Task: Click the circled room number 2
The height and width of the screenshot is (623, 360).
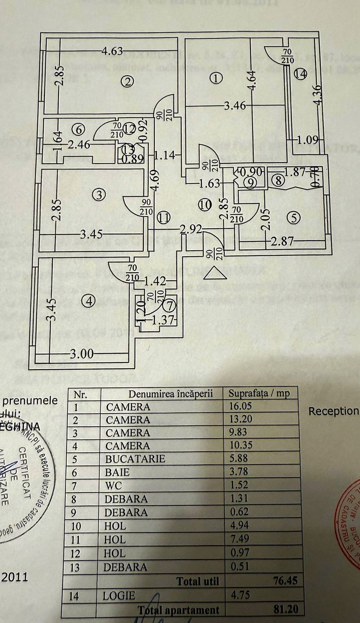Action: [x=128, y=82]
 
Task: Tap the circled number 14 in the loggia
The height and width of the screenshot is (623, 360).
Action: [x=301, y=74]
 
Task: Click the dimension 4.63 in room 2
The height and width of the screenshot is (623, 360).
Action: [x=112, y=51]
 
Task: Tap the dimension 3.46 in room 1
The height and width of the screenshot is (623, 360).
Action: [x=235, y=106]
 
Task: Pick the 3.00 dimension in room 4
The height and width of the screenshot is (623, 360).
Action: [x=82, y=354]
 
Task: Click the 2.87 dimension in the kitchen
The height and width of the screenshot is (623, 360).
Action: [x=282, y=241]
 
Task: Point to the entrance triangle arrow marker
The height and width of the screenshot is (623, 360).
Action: [x=215, y=273]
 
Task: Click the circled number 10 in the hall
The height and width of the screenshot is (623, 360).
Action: [x=205, y=205]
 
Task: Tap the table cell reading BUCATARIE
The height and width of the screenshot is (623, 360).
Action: [x=135, y=459]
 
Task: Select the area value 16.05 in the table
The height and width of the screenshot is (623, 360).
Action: [x=240, y=406]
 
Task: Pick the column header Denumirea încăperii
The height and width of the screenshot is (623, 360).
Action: [x=171, y=394]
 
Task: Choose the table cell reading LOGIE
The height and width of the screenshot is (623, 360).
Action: [x=119, y=596]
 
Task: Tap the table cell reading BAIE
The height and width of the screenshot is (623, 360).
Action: [x=117, y=472]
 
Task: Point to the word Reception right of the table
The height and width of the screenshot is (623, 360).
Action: [x=333, y=411]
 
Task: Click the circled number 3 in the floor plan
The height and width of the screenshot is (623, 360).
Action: [x=99, y=195]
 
